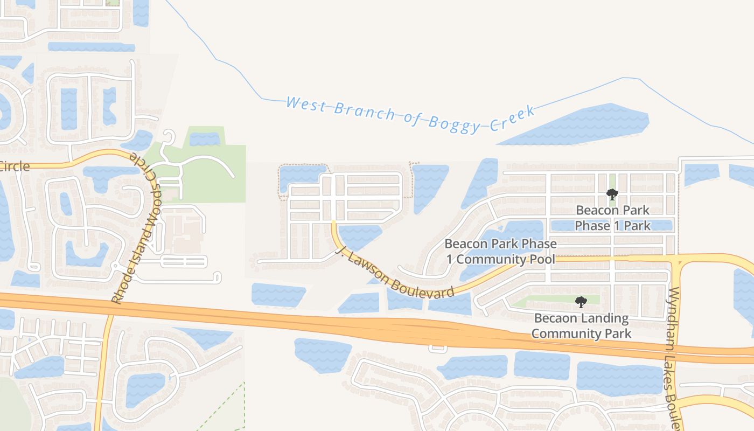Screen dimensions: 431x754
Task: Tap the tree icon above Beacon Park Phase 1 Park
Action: tap(612, 194)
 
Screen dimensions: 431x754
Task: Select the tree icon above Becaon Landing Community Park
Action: tap(581, 302)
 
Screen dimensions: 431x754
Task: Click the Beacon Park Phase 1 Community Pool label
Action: tap(500, 252)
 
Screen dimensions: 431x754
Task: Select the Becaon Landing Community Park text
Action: tap(581, 326)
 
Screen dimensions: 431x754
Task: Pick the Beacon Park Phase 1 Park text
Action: tap(612, 218)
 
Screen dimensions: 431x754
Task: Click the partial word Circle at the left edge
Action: tap(14, 166)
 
